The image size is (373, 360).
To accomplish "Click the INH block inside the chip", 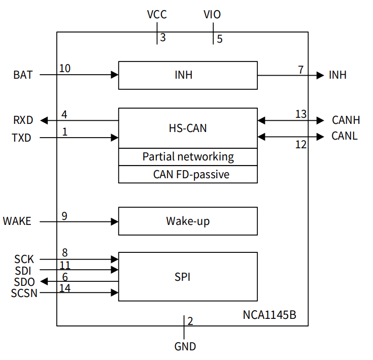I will [x=188, y=75].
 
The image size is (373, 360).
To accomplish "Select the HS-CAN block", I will [x=188, y=128].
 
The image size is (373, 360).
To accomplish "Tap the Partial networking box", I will [x=188, y=157].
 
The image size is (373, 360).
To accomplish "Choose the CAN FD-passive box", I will [x=188, y=174].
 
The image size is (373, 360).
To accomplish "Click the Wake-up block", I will [x=188, y=221].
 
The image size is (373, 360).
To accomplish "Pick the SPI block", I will [x=188, y=277].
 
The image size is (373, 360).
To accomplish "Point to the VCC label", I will [x=157, y=15].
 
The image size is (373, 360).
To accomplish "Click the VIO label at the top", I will [x=212, y=15].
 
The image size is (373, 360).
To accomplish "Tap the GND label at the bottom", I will [x=185, y=347].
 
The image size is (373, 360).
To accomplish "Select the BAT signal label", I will [x=23, y=75].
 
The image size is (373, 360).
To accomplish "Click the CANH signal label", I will [x=346, y=120].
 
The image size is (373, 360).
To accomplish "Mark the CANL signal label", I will [x=345, y=136].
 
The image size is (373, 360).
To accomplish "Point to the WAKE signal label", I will [x=17, y=221].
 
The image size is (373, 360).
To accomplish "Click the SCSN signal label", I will [x=24, y=293].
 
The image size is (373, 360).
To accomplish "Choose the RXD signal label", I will [x=23, y=120].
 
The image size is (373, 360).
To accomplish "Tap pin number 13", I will [x=301, y=114].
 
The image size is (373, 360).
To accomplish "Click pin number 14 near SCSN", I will [x=65, y=288].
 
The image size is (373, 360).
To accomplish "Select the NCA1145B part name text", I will [x=269, y=315].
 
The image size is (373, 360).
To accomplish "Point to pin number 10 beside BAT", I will [x=65, y=68].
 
